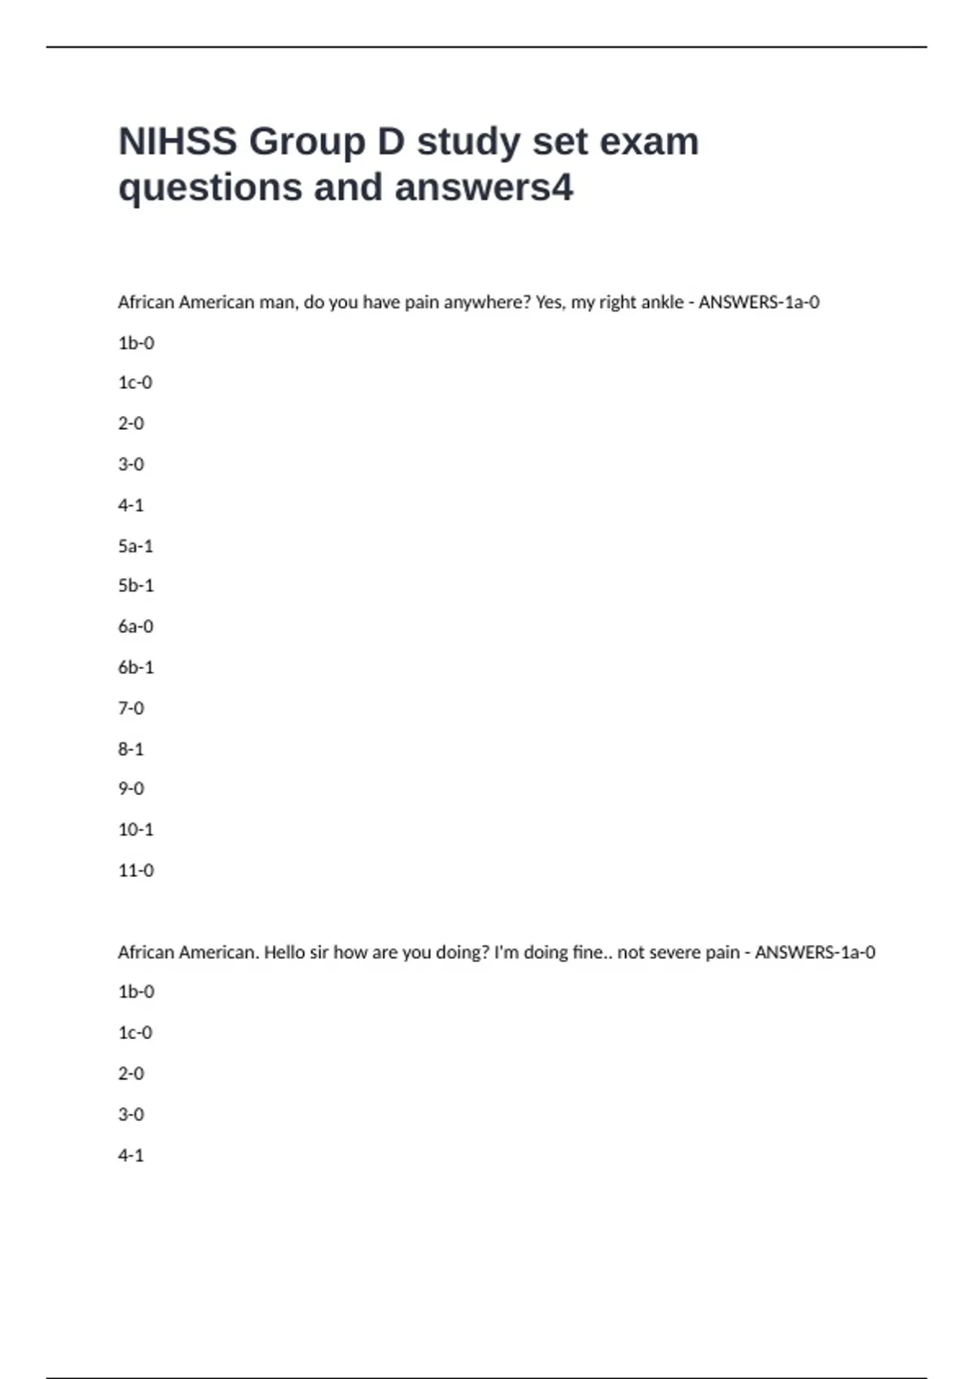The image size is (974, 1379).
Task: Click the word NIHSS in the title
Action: coord(178,142)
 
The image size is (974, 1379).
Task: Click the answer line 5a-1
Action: coord(136,546)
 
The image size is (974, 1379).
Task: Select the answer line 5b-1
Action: coord(136,586)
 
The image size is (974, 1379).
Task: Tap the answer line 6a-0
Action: coord(136,626)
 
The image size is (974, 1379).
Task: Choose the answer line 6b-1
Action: coord(136,668)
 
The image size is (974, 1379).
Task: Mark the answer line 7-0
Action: coord(131,708)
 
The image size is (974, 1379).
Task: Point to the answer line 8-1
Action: coord(131,749)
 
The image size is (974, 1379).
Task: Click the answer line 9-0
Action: coord(131,788)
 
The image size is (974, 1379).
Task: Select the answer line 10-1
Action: coord(136,830)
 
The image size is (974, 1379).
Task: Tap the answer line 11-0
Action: coord(136,870)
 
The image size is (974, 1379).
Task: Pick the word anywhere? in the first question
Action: coord(487,303)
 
